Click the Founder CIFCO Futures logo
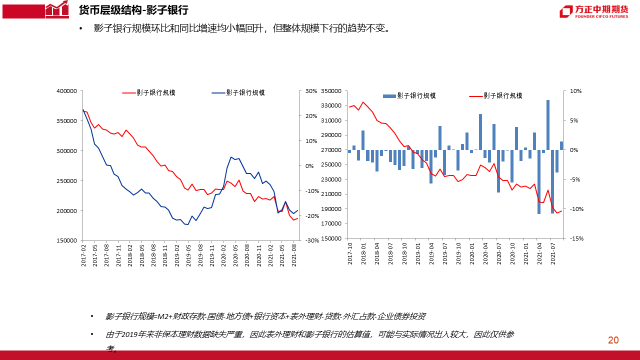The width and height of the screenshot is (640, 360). [593, 11]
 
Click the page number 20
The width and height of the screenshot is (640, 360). [613, 340]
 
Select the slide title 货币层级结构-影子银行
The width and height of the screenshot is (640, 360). [133, 10]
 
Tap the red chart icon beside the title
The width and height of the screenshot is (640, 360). [57, 9]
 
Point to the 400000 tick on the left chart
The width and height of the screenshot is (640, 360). [66, 91]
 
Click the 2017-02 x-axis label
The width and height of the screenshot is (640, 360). [84, 254]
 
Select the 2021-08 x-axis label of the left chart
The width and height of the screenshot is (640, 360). [294, 254]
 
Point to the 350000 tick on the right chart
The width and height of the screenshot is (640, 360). [331, 91]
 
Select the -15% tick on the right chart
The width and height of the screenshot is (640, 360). [576, 238]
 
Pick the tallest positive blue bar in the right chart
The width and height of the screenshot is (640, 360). [548, 125]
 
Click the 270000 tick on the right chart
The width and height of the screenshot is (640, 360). [331, 150]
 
